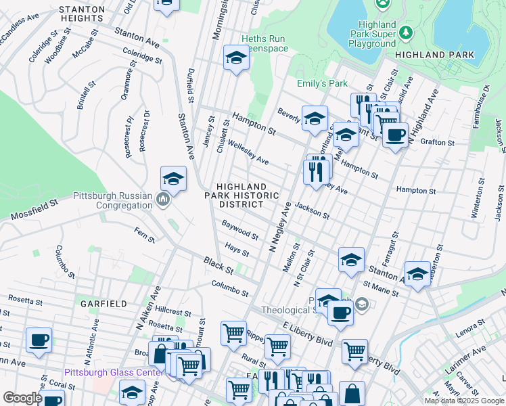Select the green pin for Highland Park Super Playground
[406, 32]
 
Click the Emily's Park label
[322, 83]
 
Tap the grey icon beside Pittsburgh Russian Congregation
[162, 200]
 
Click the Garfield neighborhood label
[103, 304]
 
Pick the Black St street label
[220, 265]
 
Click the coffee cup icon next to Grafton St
[395, 134]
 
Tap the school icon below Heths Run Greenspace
[236, 59]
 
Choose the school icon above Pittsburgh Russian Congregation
[173, 180]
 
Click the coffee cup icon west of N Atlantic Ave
[39, 340]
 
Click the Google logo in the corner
[22, 398]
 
